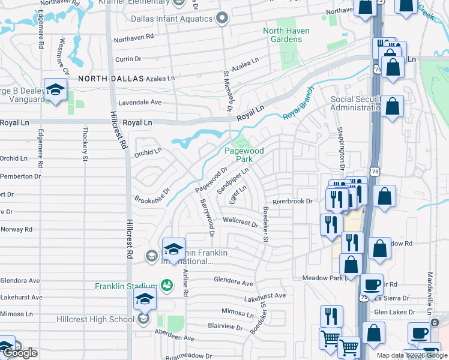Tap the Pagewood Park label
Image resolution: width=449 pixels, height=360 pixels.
pos(244,155)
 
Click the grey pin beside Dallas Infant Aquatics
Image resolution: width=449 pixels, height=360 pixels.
pos(223,19)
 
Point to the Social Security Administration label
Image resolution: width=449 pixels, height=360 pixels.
pos(355,103)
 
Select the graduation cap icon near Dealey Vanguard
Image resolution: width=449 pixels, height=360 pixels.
pos(56,91)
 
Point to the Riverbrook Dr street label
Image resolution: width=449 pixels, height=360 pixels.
pos(293,202)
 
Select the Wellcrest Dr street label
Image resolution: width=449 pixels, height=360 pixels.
pos(240,223)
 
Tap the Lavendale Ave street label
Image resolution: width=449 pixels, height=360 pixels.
pos(140,103)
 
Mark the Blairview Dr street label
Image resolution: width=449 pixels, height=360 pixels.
pos(225,328)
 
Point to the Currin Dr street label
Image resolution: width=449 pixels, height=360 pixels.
pos(127,59)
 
